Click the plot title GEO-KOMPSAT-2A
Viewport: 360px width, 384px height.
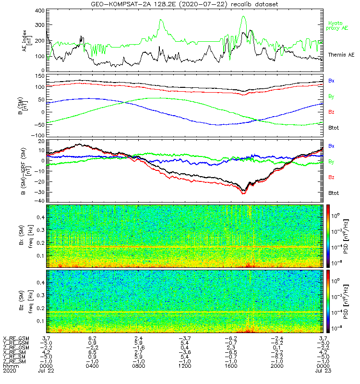coord(115,4)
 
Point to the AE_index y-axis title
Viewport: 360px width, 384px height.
coord(28,41)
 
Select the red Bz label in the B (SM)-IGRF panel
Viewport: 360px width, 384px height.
coord(331,177)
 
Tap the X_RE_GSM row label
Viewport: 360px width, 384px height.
coord(16,338)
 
